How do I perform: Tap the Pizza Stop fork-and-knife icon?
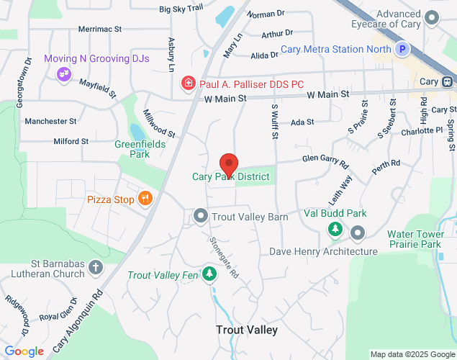(145, 199)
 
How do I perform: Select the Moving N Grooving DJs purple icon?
(64, 73)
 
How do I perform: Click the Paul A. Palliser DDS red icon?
(189, 83)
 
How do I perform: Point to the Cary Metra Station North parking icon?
(403, 50)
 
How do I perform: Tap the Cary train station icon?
(448, 81)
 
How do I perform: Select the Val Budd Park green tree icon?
(335, 229)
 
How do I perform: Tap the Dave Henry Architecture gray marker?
(358, 233)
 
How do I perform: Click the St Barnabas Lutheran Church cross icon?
(96, 269)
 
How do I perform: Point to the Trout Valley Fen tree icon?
(209, 274)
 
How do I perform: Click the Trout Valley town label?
(247, 330)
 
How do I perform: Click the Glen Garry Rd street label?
(325, 158)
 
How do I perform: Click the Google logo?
(24, 351)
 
